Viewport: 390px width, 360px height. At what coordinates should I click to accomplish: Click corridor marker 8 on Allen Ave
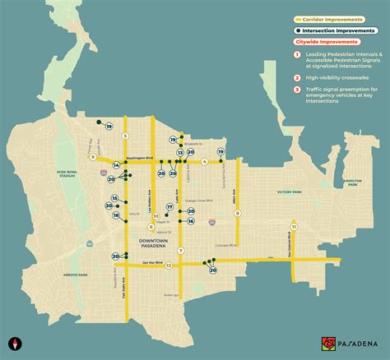(x=238, y=213)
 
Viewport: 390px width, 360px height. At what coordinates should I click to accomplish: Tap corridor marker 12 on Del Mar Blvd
(x=168, y=265)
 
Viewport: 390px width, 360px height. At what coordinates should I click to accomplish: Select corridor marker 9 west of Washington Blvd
(x=93, y=157)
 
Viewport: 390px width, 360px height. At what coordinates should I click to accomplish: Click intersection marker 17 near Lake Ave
(x=170, y=206)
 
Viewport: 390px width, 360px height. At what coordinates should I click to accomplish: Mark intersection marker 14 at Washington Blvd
(x=116, y=166)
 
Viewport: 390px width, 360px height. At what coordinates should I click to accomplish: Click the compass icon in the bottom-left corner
(x=14, y=343)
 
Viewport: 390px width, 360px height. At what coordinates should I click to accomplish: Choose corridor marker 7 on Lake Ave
(x=179, y=250)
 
